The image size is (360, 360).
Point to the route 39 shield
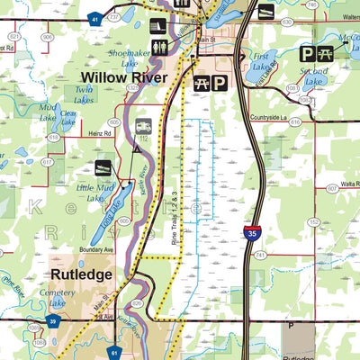54,323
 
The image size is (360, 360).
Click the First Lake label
263,60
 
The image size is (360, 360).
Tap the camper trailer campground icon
143,127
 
